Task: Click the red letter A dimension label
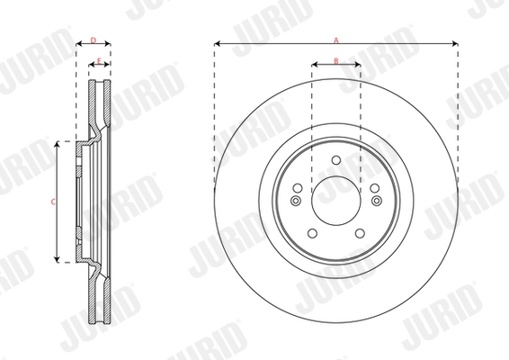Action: (335, 40)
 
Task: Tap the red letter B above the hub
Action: (335, 60)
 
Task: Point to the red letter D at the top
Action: (94, 40)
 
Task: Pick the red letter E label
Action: (98, 60)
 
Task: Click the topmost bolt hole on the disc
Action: (336, 161)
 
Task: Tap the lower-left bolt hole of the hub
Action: (312, 234)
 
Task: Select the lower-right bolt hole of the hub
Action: (360, 234)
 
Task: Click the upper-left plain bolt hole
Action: (298, 188)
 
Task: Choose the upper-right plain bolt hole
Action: (374, 188)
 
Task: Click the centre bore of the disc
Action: (336, 200)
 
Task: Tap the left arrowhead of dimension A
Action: (217, 44)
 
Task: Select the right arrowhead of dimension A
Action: (456, 44)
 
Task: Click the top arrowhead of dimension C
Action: (58, 142)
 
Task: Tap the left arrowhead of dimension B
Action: (314, 65)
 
